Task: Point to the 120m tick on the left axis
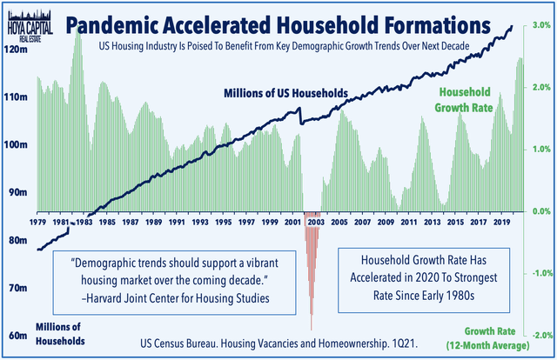(15, 50)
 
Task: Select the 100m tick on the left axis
(15, 145)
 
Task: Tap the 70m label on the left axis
(15, 287)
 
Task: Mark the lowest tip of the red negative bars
(312, 330)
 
